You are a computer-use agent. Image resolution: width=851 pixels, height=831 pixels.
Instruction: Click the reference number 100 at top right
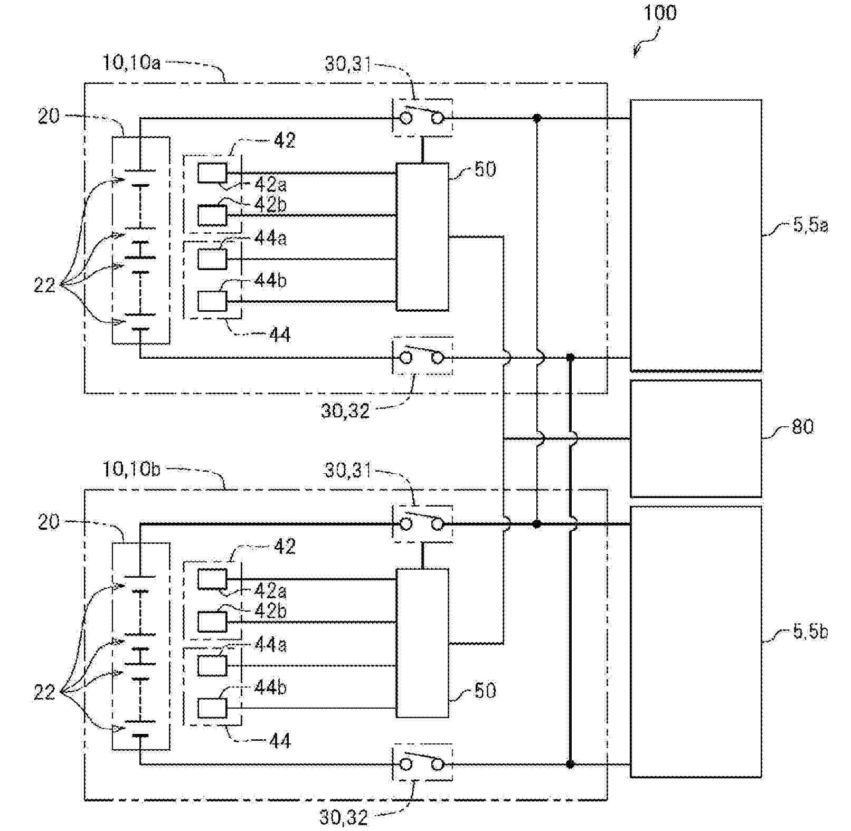pyautogui.click(x=660, y=13)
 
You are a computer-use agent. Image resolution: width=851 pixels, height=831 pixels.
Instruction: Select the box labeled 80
pyautogui.click(x=696, y=438)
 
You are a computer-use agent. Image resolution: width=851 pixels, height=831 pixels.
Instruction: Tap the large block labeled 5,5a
pyautogui.click(x=696, y=235)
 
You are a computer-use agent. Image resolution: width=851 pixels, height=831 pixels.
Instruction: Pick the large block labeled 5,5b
pyautogui.click(x=696, y=642)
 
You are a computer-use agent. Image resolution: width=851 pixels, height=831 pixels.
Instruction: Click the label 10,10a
pyautogui.click(x=131, y=63)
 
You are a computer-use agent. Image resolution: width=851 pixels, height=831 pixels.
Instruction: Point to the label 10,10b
pyautogui.click(x=131, y=469)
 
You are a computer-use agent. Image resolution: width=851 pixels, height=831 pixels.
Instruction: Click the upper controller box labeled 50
pyautogui.click(x=422, y=236)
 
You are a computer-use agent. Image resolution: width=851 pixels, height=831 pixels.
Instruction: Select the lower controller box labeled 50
pyautogui.click(x=422, y=643)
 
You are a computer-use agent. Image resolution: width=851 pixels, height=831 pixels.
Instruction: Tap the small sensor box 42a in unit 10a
pyautogui.click(x=212, y=173)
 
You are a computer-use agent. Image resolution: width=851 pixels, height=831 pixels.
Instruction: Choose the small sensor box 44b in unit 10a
pyautogui.click(x=212, y=302)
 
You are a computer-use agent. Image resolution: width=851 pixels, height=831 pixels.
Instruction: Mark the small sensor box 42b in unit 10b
pyautogui.click(x=212, y=622)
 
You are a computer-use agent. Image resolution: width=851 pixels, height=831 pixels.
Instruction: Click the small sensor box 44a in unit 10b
pyautogui.click(x=212, y=665)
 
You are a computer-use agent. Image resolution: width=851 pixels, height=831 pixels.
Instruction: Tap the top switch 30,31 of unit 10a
pyautogui.click(x=422, y=118)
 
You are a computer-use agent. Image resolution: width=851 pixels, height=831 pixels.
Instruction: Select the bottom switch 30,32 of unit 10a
pyautogui.click(x=422, y=357)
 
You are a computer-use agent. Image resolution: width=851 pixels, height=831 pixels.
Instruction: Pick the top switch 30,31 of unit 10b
pyautogui.click(x=422, y=524)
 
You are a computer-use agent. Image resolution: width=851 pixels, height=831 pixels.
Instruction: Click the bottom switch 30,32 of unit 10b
pyautogui.click(x=422, y=763)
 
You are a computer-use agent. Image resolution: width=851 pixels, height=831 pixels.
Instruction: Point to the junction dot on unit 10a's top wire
pyautogui.click(x=537, y=118)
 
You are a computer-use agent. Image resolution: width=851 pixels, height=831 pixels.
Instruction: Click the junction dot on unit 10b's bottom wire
pyautogui.click(x=570, y=763)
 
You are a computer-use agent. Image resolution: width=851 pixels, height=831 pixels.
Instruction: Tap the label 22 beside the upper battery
pyautogui.click(x=44, y=285)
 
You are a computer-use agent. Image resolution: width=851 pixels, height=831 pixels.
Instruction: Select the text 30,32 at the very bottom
pyautogui.click(x=343, y=817)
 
